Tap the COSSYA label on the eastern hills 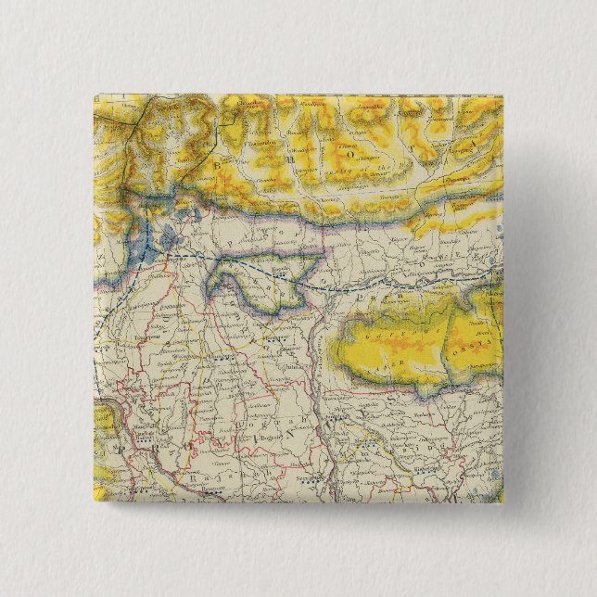tap(472, 344)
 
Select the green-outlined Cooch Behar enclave tap(260, 278)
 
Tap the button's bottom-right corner tap(504, 503)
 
